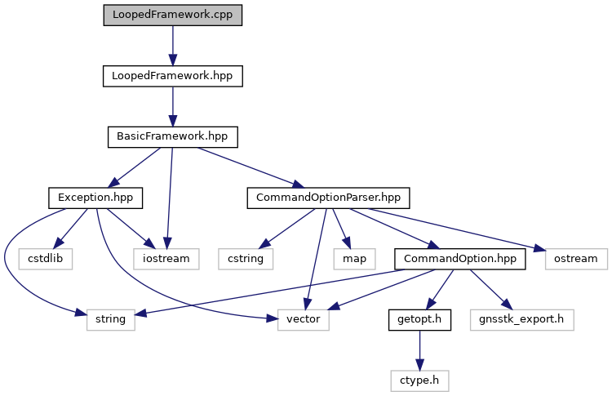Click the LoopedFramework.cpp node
172,16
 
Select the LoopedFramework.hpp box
172,76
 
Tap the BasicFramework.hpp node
172,137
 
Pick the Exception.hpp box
95,198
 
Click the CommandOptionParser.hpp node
328,198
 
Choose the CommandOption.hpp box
459,259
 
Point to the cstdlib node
45,259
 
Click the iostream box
166,259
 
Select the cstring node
246,259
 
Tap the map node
354,259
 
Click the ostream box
576,259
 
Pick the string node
110,320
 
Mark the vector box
304,320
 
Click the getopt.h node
419,320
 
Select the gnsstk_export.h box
522,320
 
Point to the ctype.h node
419,380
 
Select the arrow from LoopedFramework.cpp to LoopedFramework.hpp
172,46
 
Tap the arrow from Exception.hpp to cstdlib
70,229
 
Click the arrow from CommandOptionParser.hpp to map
341,229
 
